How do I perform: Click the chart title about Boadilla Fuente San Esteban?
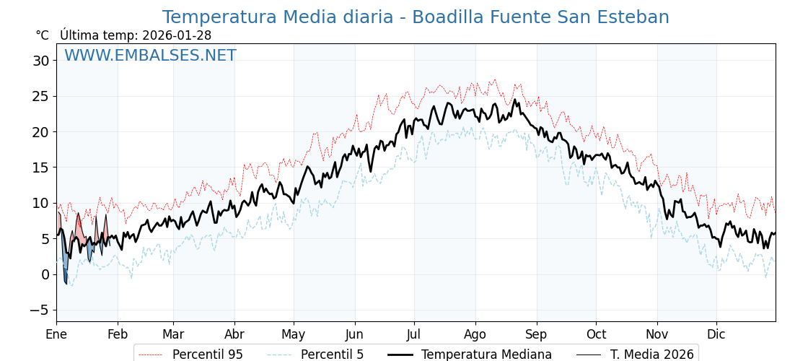(416, 17)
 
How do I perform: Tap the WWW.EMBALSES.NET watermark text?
(150, 56)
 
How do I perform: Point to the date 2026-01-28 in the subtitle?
(177, 35)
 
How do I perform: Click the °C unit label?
(42, 35)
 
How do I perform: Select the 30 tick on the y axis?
(40, 61)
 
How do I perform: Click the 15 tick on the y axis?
(40, 168)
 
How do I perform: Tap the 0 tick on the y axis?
(45, 274)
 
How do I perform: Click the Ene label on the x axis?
(56, 334)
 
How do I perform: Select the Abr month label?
(234, 334)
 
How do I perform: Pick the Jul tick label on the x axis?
(414, 334)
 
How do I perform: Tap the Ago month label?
(475, 334)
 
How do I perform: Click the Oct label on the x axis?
(596, 334)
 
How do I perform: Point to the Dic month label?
(716, 334)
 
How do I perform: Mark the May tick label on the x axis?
(294, 334)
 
